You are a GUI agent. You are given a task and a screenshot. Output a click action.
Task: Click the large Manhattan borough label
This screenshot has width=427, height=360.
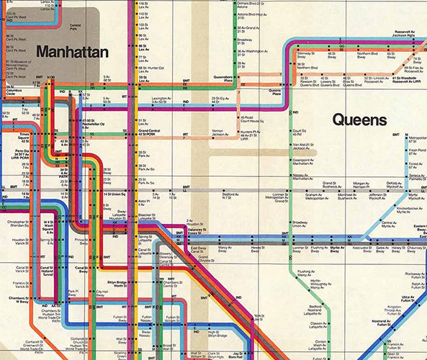pos(71,52)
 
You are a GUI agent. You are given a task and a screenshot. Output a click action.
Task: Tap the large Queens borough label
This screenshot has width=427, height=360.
pos(359,120)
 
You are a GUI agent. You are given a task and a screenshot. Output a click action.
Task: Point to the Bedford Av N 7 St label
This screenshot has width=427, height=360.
pos(230,196)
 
